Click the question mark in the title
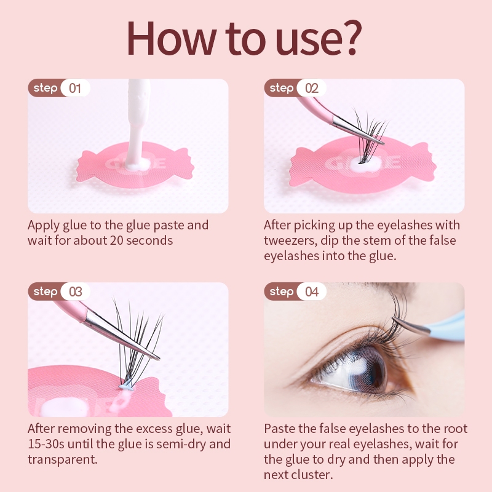[351, 37]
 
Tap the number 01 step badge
[75, 88]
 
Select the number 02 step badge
[311, 88]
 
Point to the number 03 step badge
[75, 292]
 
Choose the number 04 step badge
[312, 292]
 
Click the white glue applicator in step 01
[137, 122]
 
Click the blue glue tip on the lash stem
[127, 386]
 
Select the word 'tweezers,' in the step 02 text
[290, 240]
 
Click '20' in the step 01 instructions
[116, 240]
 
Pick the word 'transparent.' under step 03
[63, 459]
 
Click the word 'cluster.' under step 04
[314, 475]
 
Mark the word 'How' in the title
[172, 38]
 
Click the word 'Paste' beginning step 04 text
[279, 429]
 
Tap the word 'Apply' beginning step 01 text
[44, 226]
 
